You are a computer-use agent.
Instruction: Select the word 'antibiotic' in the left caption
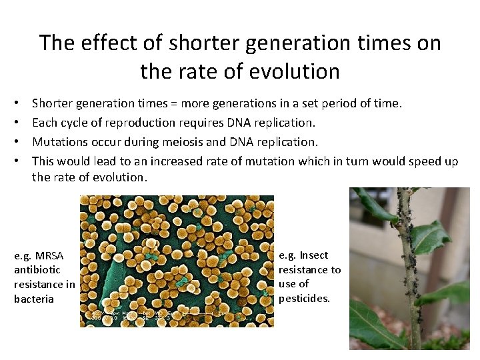click(x=37, y=270)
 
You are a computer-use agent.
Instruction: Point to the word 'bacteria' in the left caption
click(x=34, y=299)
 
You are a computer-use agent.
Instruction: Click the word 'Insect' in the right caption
click(x=313, y=255)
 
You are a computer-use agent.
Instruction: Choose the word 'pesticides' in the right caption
click(x=303, y=299)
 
